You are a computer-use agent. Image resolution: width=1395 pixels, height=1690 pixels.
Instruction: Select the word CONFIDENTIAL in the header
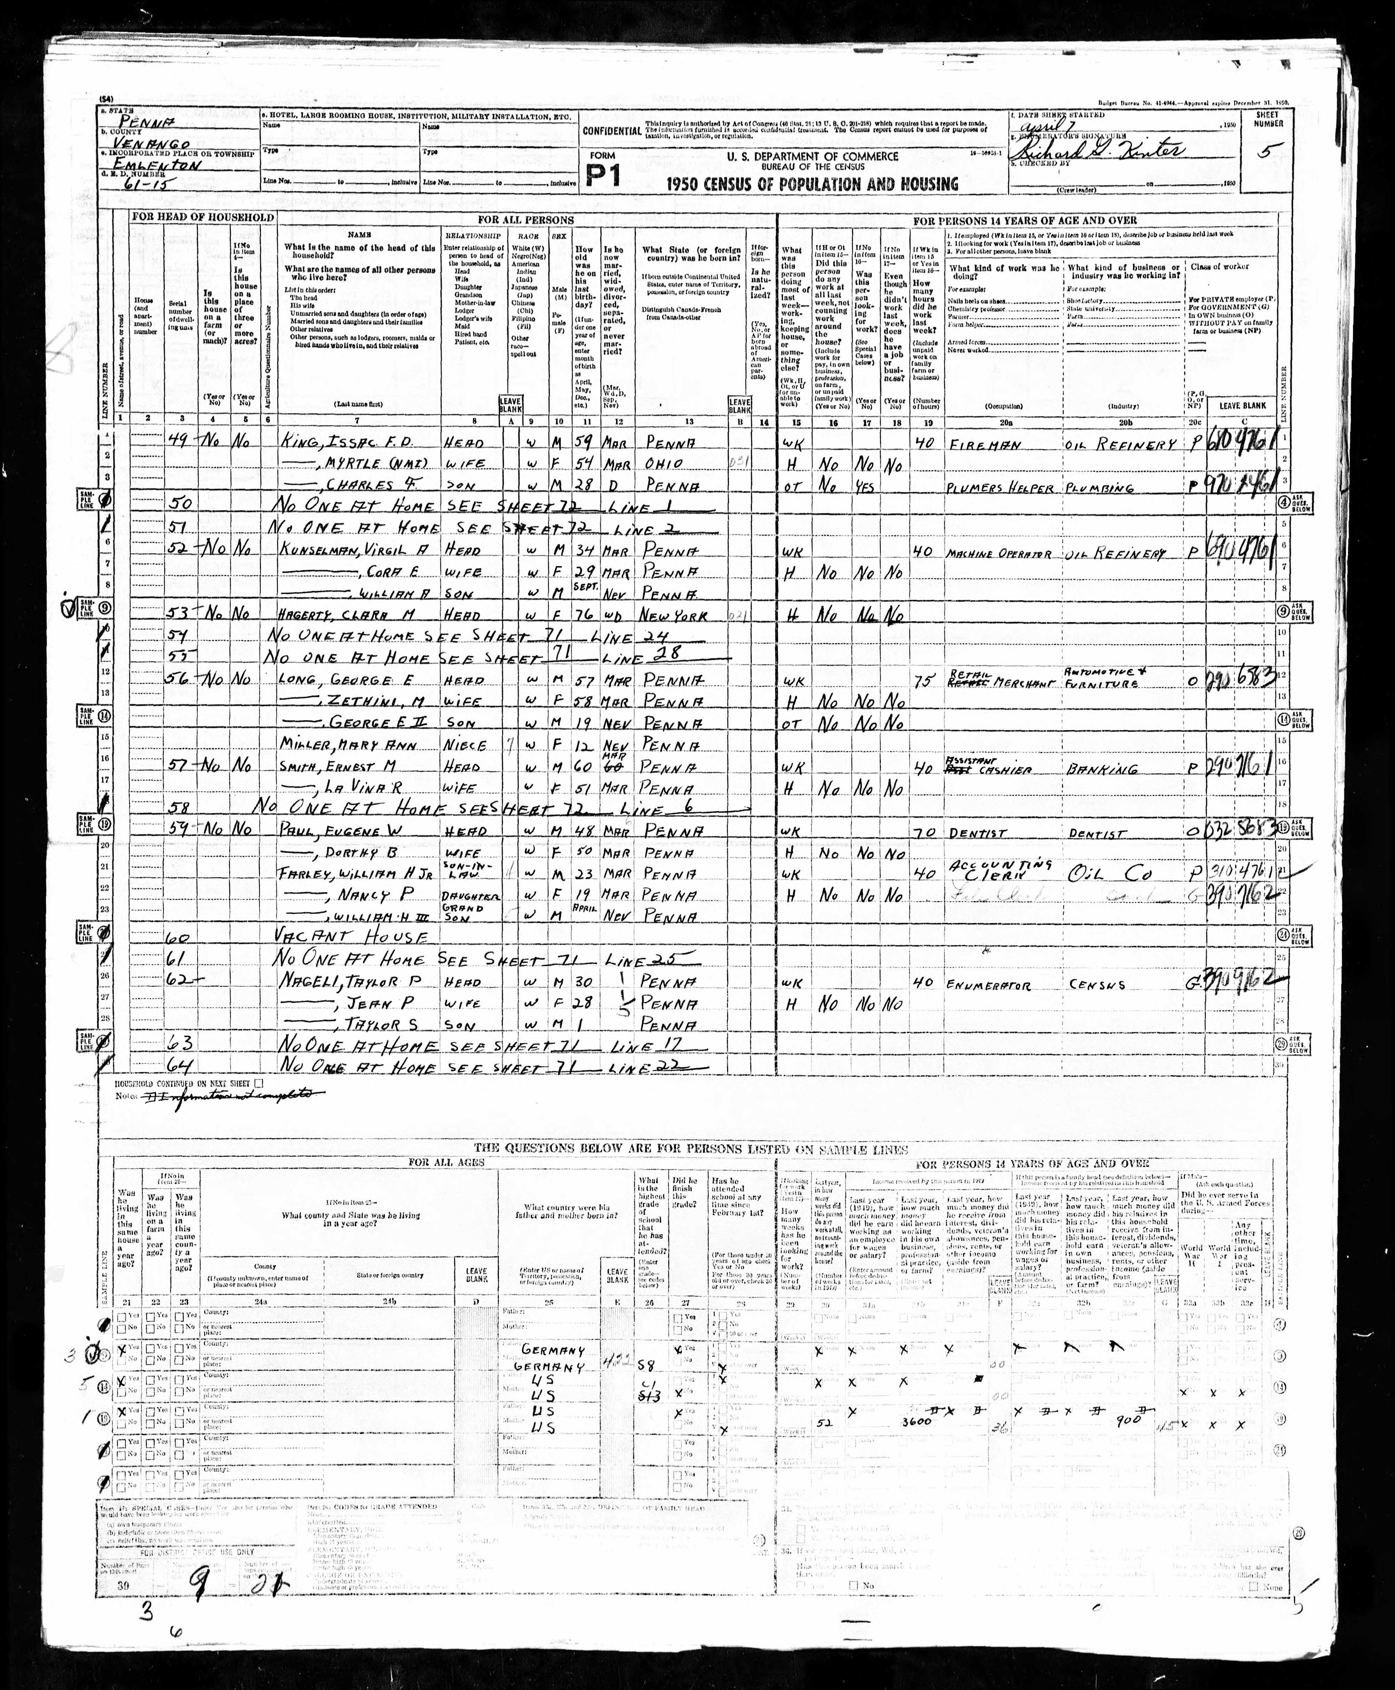point(611,130)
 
